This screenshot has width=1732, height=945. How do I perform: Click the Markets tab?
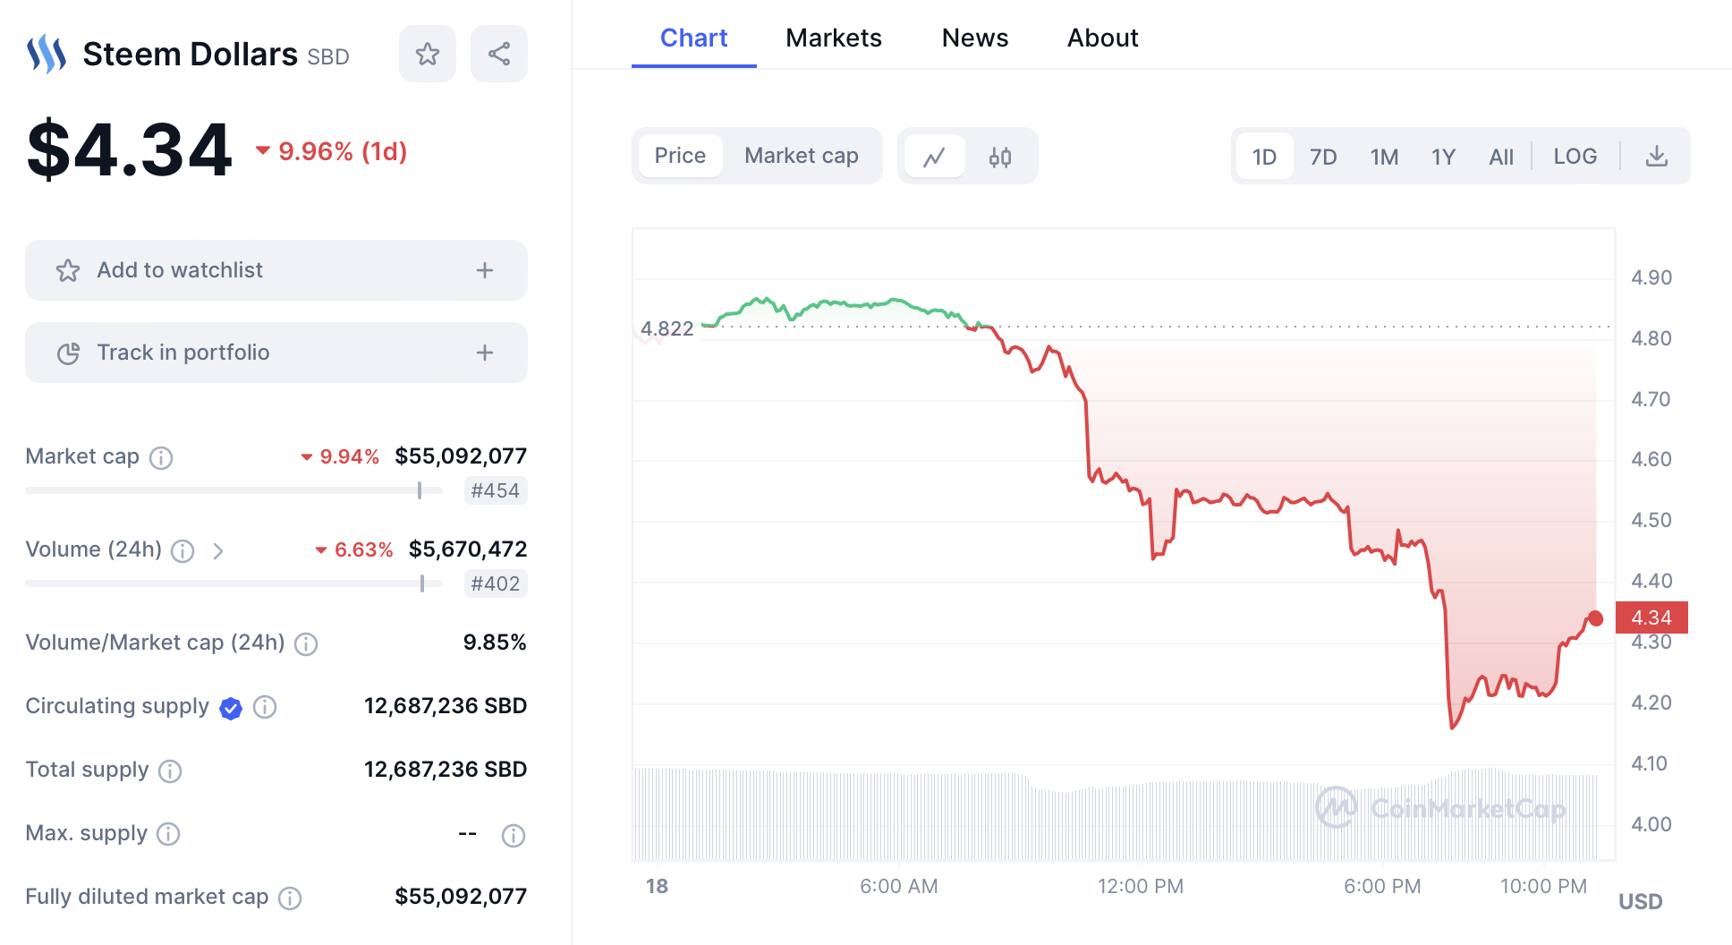click(833, 38)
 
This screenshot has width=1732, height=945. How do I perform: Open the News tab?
click(974, 38)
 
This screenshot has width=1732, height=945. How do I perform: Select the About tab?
click(1102, 38)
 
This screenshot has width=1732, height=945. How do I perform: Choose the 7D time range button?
click(1322, 157)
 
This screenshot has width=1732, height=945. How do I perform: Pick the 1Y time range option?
click(1442, 157)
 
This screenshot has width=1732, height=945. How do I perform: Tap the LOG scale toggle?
click(1575, 157)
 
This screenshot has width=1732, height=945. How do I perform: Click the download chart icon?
click(1656, 157)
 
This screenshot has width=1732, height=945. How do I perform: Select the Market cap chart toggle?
click(801, 156)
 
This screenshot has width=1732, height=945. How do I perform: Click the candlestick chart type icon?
click(999, 157)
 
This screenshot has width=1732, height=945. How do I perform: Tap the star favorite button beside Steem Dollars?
click(428, 54)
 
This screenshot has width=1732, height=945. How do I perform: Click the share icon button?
click(499, 54)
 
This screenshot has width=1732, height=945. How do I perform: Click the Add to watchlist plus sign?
click(485, 270)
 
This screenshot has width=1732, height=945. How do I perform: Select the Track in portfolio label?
click(183, 353)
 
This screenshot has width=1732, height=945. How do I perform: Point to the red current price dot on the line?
click(1595, 618)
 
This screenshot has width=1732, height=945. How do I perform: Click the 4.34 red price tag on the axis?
click(1651, 617)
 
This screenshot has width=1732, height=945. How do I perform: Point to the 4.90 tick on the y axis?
click(1651, 277)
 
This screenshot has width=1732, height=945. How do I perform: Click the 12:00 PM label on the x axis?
click(1140, 886)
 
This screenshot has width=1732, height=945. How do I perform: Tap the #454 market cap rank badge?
click(495, 490)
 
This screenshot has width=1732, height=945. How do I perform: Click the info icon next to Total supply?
click(170, 770)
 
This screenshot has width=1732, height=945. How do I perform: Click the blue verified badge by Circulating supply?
click(231, 708)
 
